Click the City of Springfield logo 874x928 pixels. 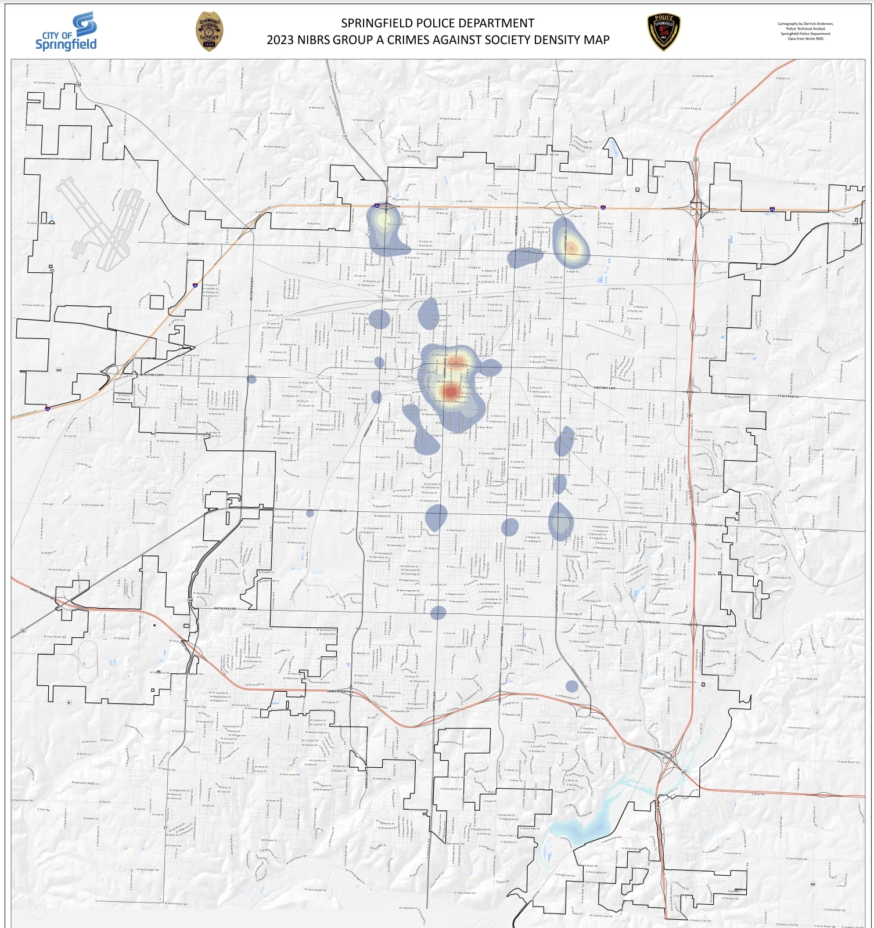pos(66,31)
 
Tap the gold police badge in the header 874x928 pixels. pos(209,32)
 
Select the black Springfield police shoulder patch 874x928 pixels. pos(664,32)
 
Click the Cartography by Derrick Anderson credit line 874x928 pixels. pos(805,24)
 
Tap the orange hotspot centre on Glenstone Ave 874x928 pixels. pos(571,248)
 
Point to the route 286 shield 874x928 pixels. pos(59,370)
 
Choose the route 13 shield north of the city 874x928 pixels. pos(344,136)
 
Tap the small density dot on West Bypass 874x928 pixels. pos(251,380)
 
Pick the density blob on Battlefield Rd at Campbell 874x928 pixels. pos(438,612)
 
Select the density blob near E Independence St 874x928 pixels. pos(572,686)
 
